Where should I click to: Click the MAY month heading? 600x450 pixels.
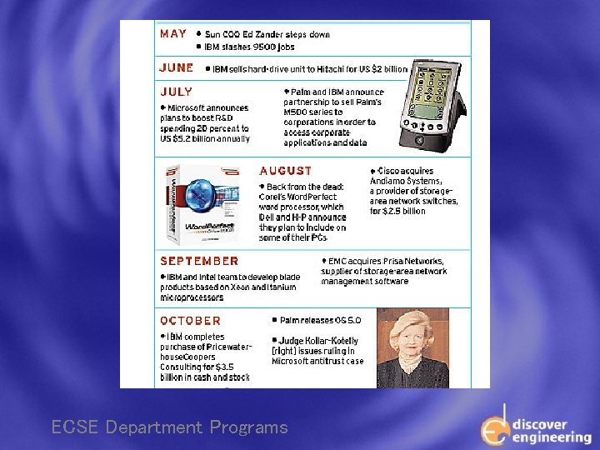(x=173, y=34)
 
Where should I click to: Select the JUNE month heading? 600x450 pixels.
(x=176, y=67)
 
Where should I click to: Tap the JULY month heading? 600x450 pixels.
(x=176, y=92)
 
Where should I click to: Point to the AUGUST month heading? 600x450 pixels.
(x=286, y=171)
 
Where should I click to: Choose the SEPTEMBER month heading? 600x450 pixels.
(x=199, y=261)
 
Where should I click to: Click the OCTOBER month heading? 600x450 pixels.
(x=191, y=321)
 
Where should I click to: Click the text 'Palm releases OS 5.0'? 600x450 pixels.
(x=321, y=320)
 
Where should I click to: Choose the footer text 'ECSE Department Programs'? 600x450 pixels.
(x=169, y=428)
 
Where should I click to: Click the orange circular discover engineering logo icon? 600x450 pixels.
(x=494, y=430)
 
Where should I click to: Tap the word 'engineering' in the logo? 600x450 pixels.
(x=552, y=437)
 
